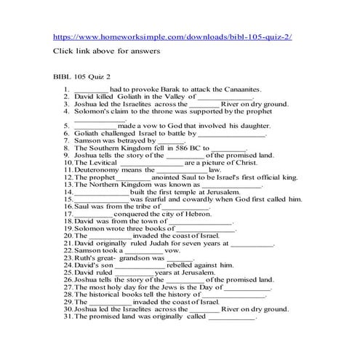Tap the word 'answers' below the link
(x=145, y=52)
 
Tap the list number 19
(x=68, y=228)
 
